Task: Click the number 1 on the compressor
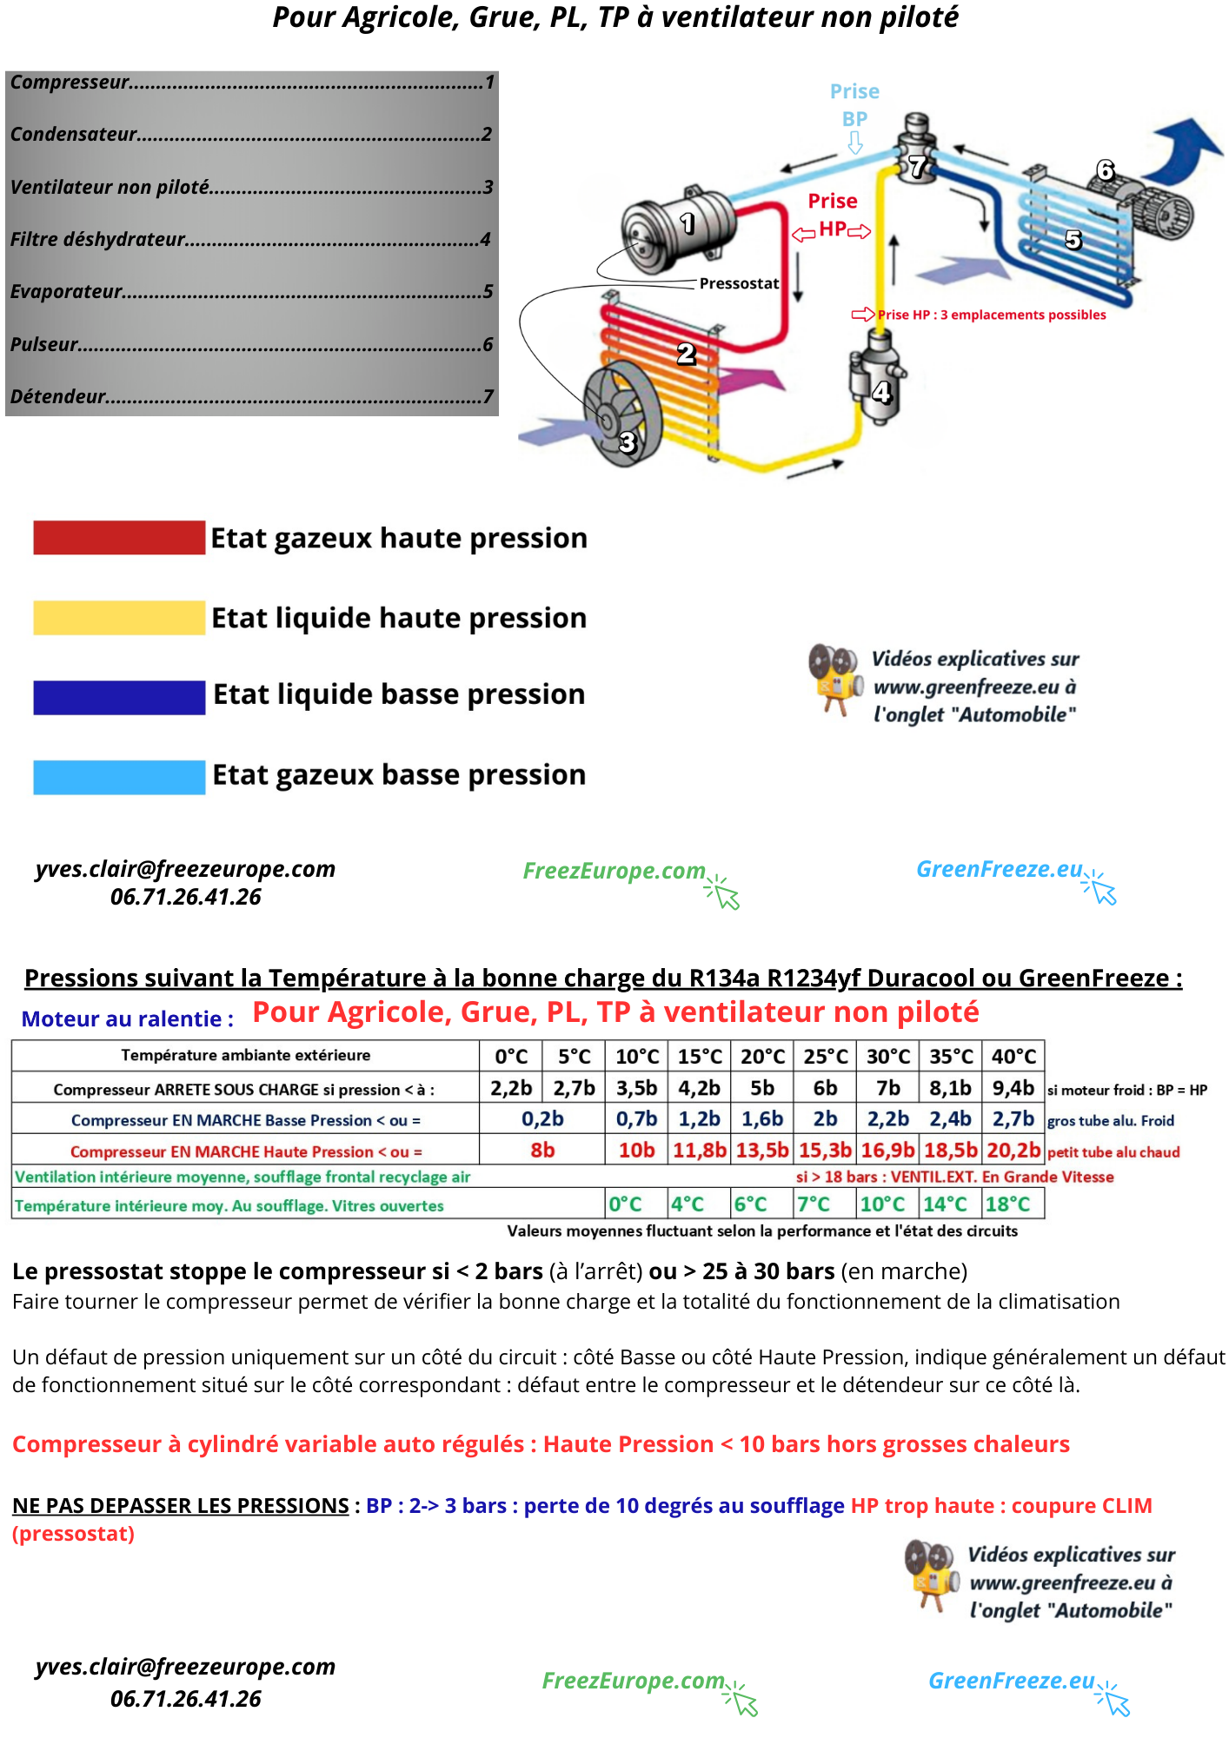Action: click(688, 223)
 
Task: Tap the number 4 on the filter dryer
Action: click(881, 393)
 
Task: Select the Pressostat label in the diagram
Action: click(739, 283)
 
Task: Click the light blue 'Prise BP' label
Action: click(854, 105)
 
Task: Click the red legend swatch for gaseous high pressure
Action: click(119, 538)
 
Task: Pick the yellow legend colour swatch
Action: click(119, 618)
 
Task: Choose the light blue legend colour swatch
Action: click(119, 777)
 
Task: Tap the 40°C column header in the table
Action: click(1013, 1057)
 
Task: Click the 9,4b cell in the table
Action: click(1013, 1088)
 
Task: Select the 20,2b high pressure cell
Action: click(1013, 1151)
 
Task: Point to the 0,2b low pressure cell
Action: click(542, 1119)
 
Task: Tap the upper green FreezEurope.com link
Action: click(614, 871)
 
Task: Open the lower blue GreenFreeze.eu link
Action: click(1012, 1681)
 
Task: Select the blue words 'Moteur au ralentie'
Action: click(128, 1019)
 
